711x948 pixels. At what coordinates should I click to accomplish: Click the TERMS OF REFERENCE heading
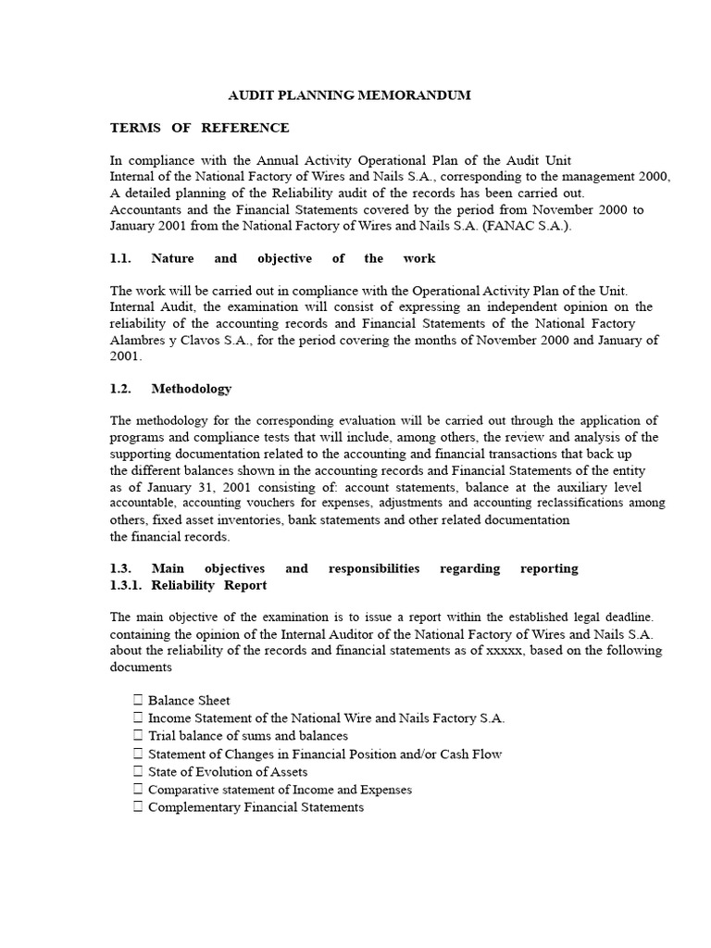point(200,128)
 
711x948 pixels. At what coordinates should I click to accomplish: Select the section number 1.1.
point(122,258)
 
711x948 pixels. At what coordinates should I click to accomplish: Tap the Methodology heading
point(192,389)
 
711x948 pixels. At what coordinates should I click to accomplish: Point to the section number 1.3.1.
point(129,585)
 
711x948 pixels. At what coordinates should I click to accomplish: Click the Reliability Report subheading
point(209,585)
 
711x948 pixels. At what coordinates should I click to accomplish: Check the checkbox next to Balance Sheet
point(138,701)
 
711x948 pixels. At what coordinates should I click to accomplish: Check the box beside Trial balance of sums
point(138,736)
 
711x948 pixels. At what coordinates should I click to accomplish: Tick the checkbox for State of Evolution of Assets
point(138,771)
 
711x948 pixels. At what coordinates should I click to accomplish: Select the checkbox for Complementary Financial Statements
point(138,807)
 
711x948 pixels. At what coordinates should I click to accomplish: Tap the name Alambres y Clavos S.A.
point(172,341)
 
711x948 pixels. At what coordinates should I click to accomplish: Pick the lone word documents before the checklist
point(141,667)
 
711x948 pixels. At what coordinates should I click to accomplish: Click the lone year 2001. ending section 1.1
point(127,356)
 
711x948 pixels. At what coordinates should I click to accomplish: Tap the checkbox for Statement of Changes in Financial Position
point(138,754)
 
